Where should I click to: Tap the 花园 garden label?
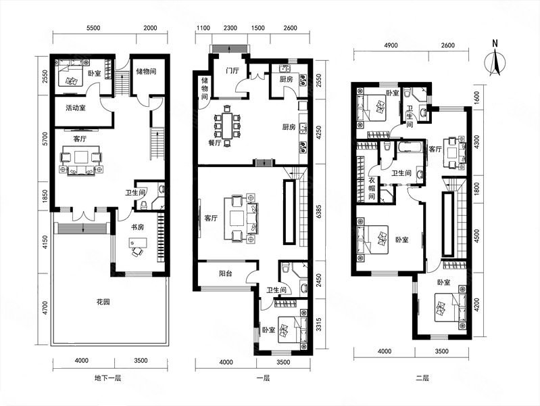103,302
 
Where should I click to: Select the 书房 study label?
137,227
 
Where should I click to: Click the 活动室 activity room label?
76,108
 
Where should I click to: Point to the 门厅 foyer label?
232,71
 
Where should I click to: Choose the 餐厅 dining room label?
215,143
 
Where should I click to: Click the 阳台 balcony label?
226,273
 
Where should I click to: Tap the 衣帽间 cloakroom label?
372,188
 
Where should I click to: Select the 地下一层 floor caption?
107,378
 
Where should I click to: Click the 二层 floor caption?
422,378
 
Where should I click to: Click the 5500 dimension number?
93,28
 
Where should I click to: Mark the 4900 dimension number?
391,45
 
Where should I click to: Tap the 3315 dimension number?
318,325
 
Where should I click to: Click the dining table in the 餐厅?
227,125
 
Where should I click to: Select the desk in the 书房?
138,243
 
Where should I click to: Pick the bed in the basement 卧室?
70,73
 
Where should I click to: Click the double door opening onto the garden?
84,215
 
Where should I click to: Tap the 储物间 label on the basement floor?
146,72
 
